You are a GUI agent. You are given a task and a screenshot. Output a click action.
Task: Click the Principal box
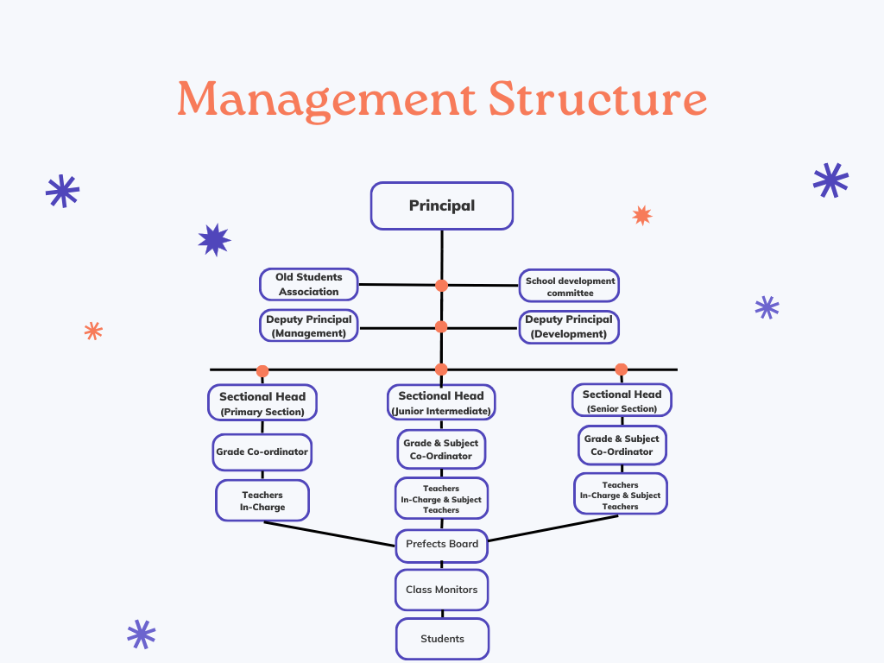coord(442,205)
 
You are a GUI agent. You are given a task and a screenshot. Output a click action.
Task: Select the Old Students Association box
coord(309,284)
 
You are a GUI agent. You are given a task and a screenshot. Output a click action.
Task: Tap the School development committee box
coord(570,286)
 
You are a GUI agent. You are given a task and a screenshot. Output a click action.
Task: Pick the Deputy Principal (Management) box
coord(309,325)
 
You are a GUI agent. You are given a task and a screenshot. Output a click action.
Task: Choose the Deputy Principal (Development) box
coord(570,326)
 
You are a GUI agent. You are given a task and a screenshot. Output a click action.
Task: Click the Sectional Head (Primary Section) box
coord(262,403)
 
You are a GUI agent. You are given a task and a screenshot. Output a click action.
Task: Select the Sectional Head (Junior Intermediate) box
coord(441,402)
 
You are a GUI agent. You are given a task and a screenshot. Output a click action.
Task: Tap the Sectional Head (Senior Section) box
coord(622,400)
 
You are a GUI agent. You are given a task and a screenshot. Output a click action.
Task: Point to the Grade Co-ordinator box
coord(262,451)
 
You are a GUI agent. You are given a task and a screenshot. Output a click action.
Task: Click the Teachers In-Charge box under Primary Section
coord(262,501)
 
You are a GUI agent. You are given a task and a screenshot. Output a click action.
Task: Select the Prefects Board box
coord(442,544)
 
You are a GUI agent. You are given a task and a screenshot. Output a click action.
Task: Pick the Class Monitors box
coord(442,590)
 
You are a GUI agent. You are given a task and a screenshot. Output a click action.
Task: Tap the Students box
coord(442,639)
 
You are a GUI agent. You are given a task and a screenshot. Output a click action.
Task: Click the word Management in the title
coord(325,99)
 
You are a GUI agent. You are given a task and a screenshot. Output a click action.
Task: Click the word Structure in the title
coord(597,99)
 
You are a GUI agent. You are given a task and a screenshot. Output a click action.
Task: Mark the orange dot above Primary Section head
coord(262,371)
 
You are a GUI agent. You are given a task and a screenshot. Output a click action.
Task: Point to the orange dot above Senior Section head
coord(621,369)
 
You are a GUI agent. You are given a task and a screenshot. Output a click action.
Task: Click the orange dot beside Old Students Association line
coord(441,285)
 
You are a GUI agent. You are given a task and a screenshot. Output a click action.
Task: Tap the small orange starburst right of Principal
coord(641,215)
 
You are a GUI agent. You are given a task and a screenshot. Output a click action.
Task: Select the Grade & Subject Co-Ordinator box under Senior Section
coord(622,445)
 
